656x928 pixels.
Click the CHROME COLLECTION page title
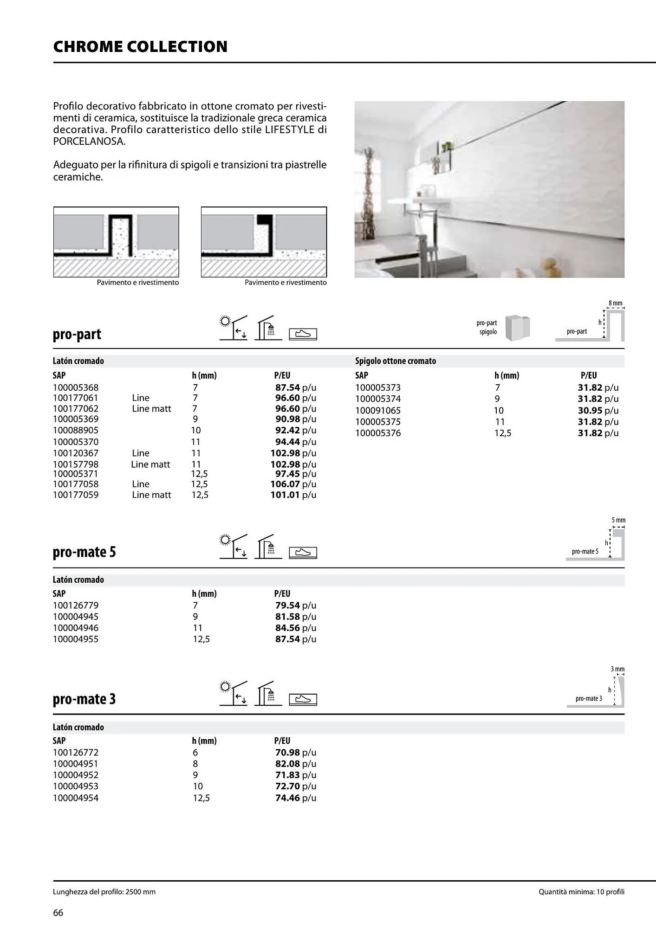pyautogui.click(x=140, y=46)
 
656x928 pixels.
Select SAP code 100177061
pyautogui.click(x=76, y=398)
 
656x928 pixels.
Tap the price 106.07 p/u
pyautogui.click(x=293, y=484)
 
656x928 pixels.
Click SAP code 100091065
pyautogui.click(x=377, y=410)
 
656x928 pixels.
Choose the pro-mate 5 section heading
pyautogui.click(x=84, y=552)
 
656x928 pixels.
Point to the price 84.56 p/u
pyautogui.click(x=295, y=628)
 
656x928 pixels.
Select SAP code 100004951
pyautogui.click(x=76, y=763)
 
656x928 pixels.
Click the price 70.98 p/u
pyautogui.click(x=295, y=752)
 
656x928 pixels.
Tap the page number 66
pyautogui.click(x=58, y=912)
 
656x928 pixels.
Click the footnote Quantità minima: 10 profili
pyautogui.click(x=581, y=891)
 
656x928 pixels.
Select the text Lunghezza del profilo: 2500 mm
pyautogui.click(x=104, y=891)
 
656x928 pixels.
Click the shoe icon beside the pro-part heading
pyautogui.click(x=303, y=334)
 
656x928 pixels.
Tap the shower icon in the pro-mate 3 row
pyautogui.click(x=268, y=694)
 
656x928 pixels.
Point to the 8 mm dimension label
pyautogui.click(x=615, y=303)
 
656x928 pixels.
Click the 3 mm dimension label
pyautogui.click(x=617, y=669)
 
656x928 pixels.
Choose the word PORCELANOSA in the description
pyautogui.click(x=89, y=142)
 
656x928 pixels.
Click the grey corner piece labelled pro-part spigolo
pyautogui.click(x=518, y=328)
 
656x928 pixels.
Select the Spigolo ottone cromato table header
pyautogui.click(x=395, y=361)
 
